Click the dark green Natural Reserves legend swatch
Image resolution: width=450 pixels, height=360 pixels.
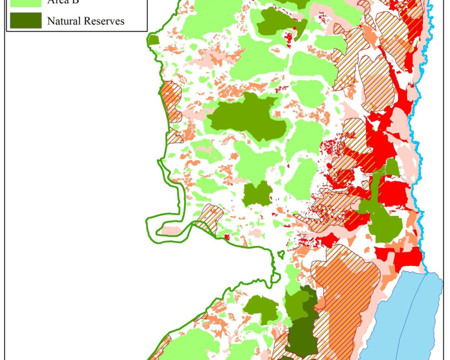24,21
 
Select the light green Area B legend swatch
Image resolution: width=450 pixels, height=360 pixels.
24,2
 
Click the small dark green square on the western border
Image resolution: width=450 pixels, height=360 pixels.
154,40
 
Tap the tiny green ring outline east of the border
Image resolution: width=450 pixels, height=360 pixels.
281,254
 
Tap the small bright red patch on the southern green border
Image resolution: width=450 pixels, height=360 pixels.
227,236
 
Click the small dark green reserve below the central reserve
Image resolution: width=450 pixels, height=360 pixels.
257,194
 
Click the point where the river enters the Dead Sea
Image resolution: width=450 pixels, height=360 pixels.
425,272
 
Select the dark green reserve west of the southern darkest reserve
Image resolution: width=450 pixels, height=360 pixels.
261,309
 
